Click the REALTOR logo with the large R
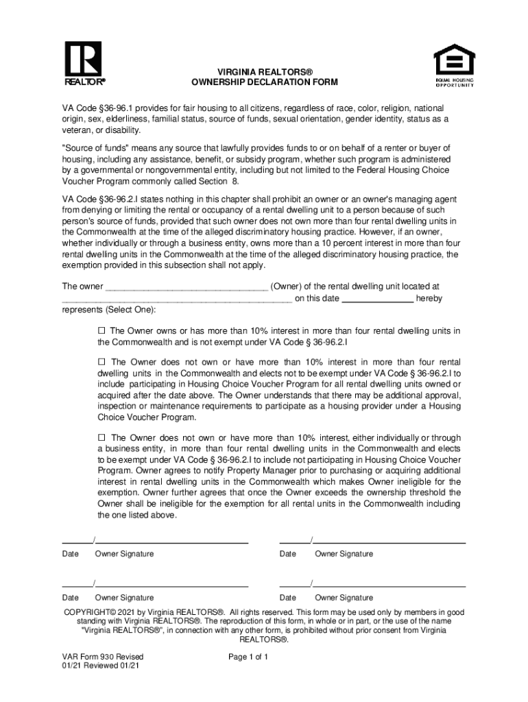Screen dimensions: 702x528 [84, 62]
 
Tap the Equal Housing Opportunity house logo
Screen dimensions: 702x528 [454, 64]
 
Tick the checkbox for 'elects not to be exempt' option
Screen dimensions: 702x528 [101, 362]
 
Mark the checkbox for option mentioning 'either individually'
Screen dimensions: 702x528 [101, 437]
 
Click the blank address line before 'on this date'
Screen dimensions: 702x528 [177, 299]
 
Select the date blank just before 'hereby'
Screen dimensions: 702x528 [377, 299]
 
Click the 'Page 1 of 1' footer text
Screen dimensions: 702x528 [248, 657]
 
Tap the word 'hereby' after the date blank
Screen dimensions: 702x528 [429, 299]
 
